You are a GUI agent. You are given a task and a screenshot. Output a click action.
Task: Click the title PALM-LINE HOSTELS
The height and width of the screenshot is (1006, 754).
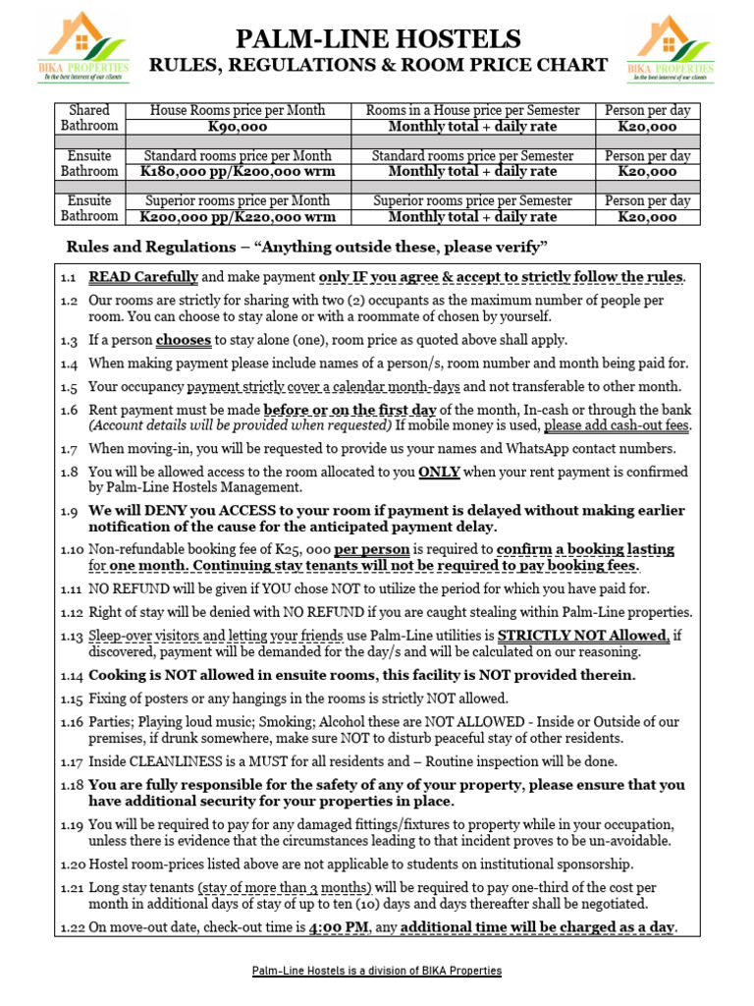(377, 39)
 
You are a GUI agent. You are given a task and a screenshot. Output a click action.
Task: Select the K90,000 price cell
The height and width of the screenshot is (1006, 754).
(238, 127)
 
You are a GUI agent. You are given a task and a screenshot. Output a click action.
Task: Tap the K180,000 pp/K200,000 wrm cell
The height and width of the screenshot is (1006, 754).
(238, 172)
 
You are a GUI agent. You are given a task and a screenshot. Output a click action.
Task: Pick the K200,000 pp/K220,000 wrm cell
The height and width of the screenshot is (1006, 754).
(238, 217)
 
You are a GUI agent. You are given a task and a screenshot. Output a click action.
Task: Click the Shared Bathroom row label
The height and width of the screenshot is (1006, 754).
(89, 118)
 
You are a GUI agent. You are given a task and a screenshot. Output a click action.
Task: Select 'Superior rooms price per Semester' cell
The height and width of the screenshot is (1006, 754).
(472, 200)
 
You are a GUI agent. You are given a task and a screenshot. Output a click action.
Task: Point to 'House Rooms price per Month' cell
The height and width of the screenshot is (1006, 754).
(238, 111)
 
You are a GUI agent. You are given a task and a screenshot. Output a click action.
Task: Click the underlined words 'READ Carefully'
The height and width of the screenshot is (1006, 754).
(143, 277)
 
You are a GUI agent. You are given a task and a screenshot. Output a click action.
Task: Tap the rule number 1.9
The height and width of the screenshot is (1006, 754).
(68, 511)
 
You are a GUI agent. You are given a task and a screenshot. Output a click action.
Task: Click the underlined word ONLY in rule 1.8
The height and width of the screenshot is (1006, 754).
(439, 472)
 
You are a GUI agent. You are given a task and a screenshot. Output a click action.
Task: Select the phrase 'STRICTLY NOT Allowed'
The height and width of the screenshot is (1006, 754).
(583, 636)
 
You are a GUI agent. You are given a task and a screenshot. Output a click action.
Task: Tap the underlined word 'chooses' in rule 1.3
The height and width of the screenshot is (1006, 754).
(184, 340)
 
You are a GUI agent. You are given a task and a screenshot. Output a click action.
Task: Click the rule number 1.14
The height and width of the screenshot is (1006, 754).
(71, 675)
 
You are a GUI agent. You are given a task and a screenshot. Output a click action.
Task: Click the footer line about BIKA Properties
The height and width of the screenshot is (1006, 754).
(377, 971)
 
